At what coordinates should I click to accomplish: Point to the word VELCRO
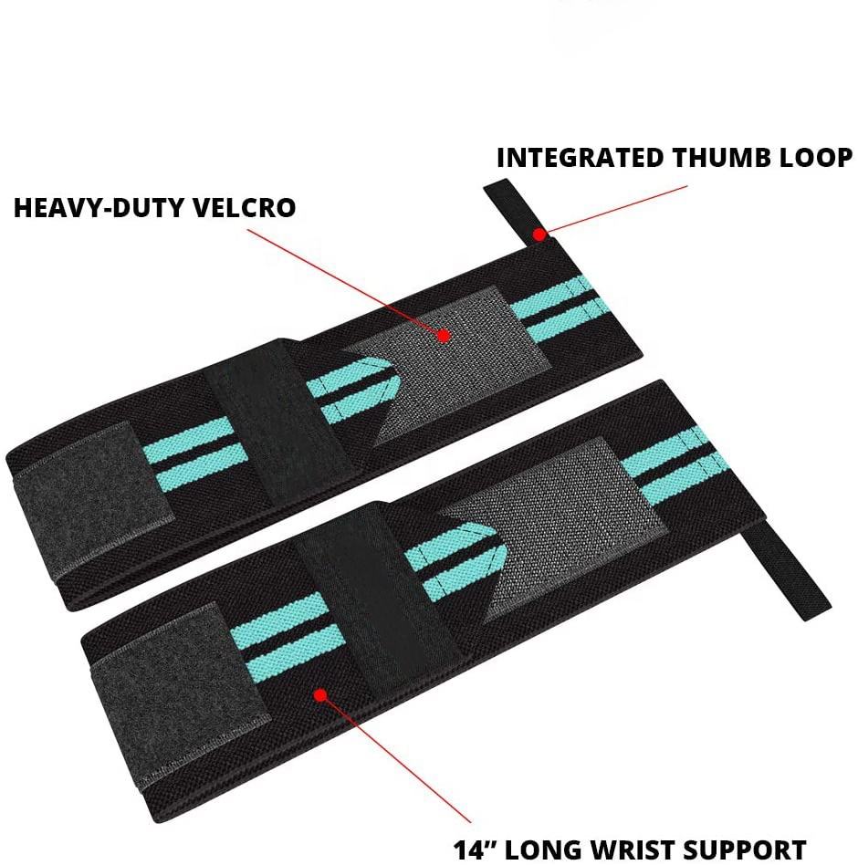(x=247, y=208)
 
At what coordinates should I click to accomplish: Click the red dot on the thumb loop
(x=539, y=234)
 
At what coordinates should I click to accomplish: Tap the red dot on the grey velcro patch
(x=444, y=336)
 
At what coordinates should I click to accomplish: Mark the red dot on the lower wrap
(x=319, y=695)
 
